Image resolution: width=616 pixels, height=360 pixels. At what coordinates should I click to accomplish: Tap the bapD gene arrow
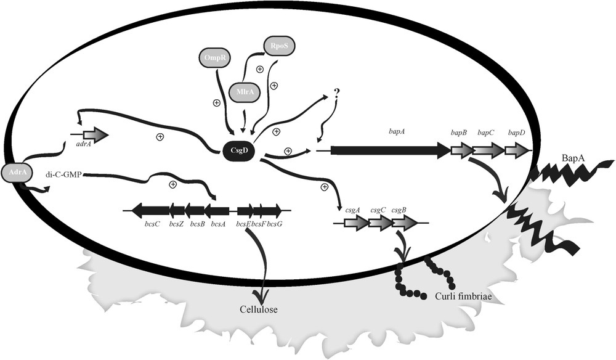[517, 150]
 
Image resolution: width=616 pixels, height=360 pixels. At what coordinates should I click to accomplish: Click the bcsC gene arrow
[150, 210]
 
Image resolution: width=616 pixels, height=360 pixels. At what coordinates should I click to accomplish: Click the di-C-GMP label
[63, 174]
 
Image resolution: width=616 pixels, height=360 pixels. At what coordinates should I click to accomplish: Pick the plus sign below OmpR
[216, 103]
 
